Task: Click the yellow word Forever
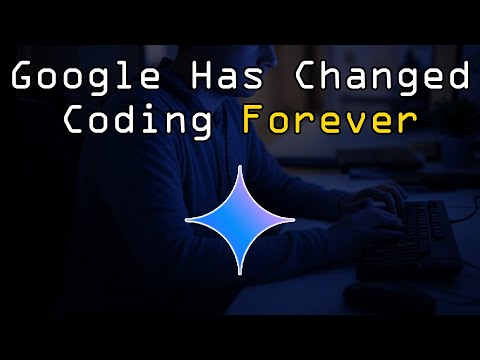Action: pos(328,121)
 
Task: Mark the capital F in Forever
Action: pos(255,121)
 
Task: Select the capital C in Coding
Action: pos(73,121)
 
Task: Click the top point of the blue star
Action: pos(240,165)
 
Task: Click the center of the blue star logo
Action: pos(240,219)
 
